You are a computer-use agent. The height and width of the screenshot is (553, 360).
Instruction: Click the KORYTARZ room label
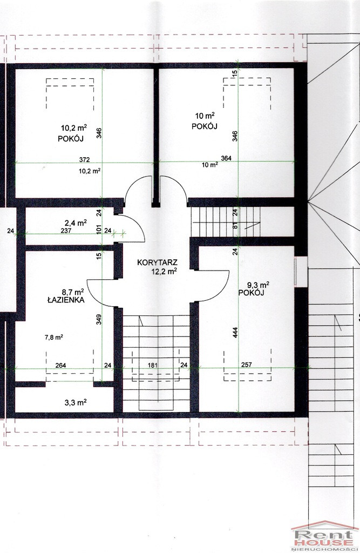tap(158, 262)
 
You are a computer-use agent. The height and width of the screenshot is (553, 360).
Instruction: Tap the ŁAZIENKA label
tap(66, 300)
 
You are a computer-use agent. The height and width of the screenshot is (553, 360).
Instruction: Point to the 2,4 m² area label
tap(75, 222)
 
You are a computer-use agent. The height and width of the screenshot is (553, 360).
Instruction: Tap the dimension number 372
tap(84, 159)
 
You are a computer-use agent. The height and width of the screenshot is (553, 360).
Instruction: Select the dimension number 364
tap(226, 158)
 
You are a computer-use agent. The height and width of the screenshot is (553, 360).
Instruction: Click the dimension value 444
tap(235, 333)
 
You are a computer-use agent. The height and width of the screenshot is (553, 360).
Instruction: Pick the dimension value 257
tap(247, 365)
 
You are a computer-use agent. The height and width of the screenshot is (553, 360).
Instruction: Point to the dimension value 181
tap(152, 366)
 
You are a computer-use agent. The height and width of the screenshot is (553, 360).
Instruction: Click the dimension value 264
tap(60, 366)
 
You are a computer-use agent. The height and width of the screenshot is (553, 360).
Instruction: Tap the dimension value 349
tap(99, 320)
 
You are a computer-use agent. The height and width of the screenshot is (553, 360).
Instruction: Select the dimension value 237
tap(66, 231)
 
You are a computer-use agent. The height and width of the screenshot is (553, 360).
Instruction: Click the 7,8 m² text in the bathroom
tap(54, 337)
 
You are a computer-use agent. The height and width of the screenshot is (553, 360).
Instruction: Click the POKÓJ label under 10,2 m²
tap(71, 139)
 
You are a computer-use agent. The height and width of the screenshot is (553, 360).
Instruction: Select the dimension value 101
tap(99, 230)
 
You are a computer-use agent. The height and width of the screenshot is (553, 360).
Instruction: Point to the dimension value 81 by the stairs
tap(235, 227)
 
